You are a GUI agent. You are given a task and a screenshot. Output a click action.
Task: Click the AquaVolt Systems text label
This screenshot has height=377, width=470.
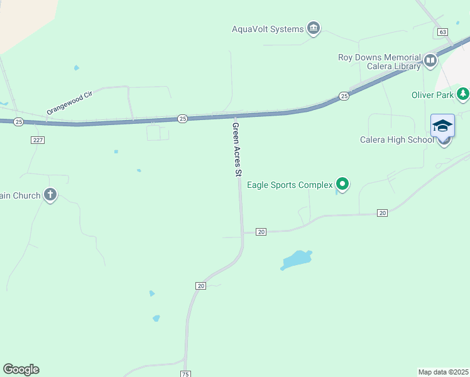268,29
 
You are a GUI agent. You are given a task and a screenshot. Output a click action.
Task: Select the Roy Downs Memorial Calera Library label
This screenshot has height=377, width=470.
379,62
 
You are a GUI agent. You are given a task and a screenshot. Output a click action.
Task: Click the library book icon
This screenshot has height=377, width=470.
430,61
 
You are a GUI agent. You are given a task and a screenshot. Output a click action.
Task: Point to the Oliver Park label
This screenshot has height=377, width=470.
432,95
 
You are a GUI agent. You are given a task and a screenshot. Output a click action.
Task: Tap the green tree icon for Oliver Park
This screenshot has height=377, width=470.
463,94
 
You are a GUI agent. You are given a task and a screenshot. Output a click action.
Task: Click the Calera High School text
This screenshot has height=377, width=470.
396,139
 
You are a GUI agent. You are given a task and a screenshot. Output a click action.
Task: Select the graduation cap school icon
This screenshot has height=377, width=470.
442,125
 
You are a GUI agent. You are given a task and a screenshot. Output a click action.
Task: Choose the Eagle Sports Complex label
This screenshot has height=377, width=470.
289,185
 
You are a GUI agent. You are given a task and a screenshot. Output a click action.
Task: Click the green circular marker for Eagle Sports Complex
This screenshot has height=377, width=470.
342,184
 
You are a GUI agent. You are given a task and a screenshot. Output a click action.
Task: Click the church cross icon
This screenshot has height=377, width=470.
50,195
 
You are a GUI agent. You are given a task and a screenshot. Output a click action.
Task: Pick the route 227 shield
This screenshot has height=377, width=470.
37,139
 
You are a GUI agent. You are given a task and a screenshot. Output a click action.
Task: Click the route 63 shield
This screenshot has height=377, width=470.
443,31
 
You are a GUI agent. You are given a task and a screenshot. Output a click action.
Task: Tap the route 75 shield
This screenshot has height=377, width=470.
185,374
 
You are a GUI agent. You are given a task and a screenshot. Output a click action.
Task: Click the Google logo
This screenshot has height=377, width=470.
21,369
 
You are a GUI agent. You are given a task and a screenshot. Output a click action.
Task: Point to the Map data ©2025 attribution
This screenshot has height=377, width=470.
444,372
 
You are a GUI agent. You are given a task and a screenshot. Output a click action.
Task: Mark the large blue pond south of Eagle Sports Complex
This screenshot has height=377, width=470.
296,260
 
